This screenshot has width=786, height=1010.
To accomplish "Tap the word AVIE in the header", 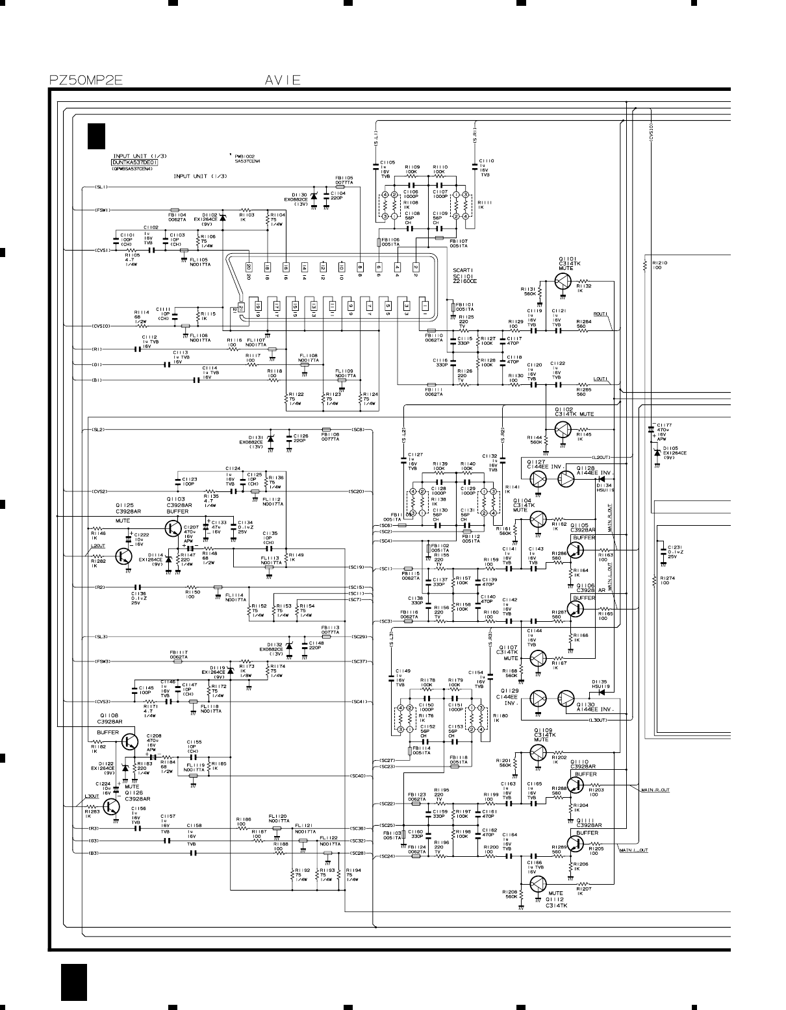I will click(x=283, y=80).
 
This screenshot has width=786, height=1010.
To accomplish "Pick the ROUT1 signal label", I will click(x=600, y=315).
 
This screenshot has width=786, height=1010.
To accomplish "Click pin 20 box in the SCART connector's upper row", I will click(x=248, y=267).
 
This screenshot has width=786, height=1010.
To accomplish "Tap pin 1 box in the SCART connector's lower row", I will click(x=425, y=305).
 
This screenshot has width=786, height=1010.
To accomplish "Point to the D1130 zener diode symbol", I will click(x=314, y=196).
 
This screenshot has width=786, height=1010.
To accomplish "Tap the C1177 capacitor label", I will click(x=665, y=425).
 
